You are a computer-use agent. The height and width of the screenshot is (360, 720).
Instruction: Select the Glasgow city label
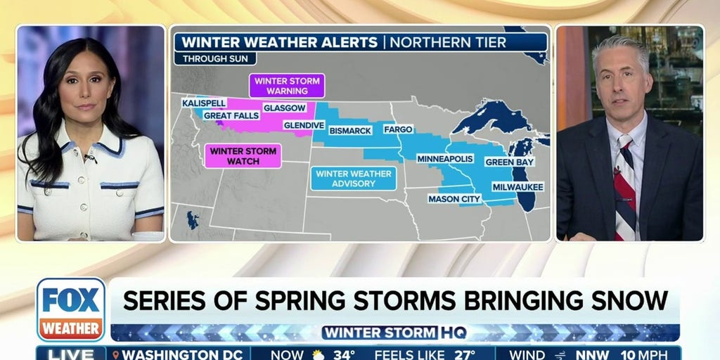(x=284, y=108)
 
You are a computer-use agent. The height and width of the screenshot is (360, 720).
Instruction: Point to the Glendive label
(x=304, y=125)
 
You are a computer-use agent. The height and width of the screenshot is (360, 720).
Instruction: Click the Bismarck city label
(x=355, y=130)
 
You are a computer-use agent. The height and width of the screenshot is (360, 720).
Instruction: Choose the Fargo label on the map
(x=397, y=130)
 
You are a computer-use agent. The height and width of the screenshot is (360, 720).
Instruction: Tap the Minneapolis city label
(x=444, y=159)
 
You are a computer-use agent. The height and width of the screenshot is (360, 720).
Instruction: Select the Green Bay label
(x=510, y=162)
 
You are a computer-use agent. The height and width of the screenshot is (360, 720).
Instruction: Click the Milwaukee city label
(x=518, y=186)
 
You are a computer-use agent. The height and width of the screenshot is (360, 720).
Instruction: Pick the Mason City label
(x=454, y=199)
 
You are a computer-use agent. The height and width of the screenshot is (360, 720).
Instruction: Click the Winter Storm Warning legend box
(x=286, y=86)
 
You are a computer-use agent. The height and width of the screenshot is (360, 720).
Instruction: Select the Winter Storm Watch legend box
(x=243, y=156)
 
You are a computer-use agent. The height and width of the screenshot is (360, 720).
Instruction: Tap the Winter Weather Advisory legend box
(x=353, y=179)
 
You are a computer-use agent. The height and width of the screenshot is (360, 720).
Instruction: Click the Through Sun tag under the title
(x=215, y=59)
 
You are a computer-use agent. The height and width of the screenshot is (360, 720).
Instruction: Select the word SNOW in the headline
(x=633, y=300)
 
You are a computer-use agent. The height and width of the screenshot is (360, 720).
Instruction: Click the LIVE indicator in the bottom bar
(x=71, y=354)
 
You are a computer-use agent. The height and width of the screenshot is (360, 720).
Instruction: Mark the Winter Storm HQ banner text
(x=394, y=333)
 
